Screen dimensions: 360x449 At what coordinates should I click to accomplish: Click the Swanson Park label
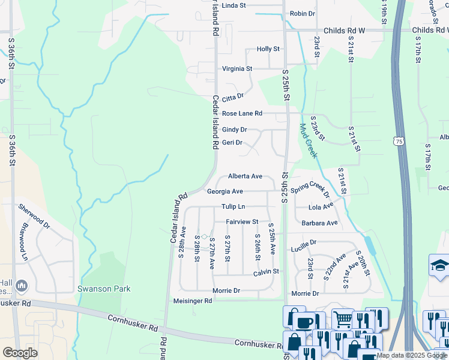104,289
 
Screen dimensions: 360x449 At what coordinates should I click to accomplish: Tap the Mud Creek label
308,141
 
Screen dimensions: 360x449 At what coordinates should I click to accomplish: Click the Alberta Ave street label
245,176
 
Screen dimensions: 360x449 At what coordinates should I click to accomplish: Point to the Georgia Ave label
224,191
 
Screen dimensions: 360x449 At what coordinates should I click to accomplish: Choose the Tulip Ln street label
234,206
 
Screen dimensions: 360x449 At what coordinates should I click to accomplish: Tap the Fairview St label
241,222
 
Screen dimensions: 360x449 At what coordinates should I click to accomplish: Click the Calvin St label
266,272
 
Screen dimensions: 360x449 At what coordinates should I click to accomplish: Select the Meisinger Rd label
192,301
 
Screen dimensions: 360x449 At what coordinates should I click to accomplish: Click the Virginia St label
237,69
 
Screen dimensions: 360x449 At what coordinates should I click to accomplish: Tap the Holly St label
268,49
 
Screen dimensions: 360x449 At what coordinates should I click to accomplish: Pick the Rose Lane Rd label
242,113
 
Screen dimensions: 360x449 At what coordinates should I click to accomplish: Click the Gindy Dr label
234,130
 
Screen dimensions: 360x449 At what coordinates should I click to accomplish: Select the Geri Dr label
232,143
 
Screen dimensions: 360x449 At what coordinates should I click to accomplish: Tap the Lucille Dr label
303,245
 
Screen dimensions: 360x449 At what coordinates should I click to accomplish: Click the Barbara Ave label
319,223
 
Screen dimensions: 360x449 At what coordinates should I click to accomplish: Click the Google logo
20,352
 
